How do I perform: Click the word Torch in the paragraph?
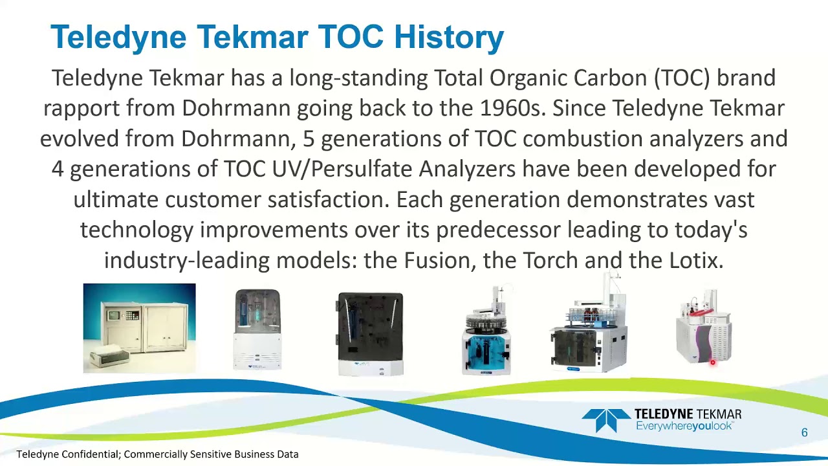[550, 260]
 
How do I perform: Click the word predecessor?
[497, 230]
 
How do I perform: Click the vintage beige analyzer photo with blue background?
[139, 328]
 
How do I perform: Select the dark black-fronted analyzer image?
[370, 333]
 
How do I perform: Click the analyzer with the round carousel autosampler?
[486, 333]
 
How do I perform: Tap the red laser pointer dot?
[712, 363]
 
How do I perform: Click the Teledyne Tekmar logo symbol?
[605, 420]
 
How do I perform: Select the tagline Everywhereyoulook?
[684, 426]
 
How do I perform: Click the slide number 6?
[804, 432]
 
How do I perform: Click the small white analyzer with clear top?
[257, 330]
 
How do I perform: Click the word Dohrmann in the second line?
[235, 108]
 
